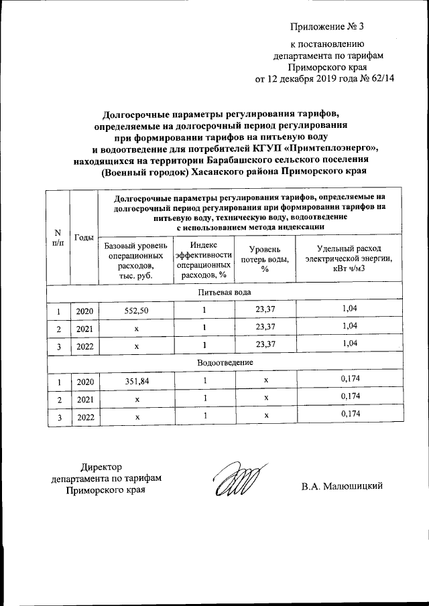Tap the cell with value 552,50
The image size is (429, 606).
[136, 310]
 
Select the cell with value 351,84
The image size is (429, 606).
[136, 380]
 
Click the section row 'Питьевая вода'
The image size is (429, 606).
[225, 293]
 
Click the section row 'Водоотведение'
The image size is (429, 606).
[225, 362]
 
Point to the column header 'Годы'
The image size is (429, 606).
[84, 238]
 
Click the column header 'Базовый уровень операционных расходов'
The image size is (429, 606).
[136, 262]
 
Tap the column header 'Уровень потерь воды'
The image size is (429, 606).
[265, 262]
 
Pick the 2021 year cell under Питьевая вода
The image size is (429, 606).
[85, 328]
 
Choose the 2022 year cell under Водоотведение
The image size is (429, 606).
[85, 416]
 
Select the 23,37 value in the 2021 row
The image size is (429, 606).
[265, 327]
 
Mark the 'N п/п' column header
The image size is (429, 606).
[58, 238]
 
